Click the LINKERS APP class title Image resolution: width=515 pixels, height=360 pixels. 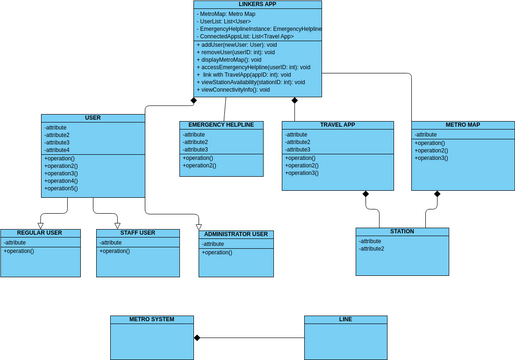(258, 5)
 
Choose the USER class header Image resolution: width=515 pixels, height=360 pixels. (93, 118)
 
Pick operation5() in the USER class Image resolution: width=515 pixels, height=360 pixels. (62, 188)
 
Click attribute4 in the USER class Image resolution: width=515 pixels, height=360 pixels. (58, 150)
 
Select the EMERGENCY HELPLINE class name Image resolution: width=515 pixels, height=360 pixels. (221, 125)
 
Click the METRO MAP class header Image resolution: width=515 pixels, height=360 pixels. (462, 125)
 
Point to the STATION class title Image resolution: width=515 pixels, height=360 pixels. (402, 232)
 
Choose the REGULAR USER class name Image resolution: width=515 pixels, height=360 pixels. (40, 233)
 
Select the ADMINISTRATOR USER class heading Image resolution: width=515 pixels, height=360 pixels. (236, 235)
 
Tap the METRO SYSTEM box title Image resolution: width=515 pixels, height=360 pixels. (151, 319)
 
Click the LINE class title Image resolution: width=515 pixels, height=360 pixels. (345, 319)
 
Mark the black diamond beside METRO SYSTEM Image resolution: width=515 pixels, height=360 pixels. (197, 338)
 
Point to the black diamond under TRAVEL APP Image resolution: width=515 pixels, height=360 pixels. (366, 194)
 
